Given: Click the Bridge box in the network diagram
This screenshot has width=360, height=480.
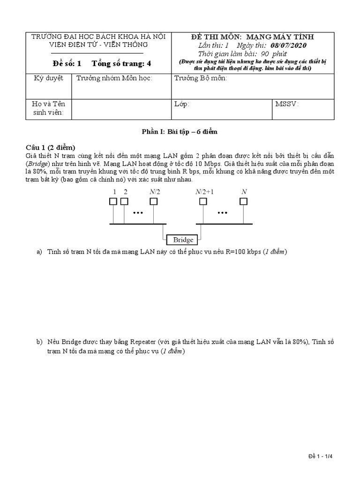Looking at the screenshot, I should [183, 240].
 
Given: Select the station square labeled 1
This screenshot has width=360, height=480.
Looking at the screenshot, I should [113, 202].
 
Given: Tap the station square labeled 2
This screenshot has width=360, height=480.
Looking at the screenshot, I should [124, 202].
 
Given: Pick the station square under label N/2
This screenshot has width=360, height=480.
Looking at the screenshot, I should [154, 202].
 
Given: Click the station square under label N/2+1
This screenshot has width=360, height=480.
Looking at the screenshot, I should [203, 202].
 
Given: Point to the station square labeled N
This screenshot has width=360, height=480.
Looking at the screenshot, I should [243, 202].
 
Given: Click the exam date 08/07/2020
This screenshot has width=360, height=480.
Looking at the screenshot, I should [289, 45].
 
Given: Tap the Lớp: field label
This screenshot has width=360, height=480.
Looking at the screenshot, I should [181, 104].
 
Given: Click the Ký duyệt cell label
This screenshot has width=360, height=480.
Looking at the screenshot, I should [48, 78].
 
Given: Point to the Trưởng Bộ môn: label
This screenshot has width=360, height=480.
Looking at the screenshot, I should [201, 78].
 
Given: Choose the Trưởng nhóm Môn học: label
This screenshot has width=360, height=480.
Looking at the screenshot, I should [114, 78].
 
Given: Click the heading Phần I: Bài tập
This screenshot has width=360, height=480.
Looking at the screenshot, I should [180, 132].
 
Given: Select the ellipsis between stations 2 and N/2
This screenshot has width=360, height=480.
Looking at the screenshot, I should [138, 212].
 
